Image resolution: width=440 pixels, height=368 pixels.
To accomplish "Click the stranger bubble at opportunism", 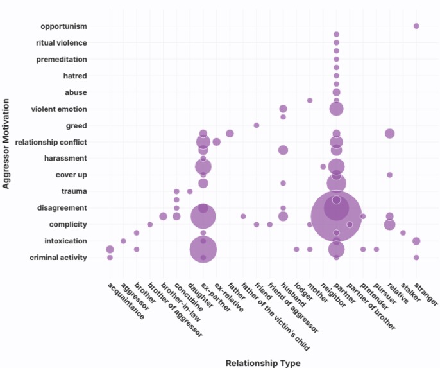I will pyautogui.click(x=416, y=26).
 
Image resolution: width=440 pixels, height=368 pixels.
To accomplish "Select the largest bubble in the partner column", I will pyautogui.click(x=336, y=216).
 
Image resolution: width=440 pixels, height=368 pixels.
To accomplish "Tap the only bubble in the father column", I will pyautogui.click(x=230, y=134).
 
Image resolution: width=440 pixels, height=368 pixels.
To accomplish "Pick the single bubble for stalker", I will pyautogui.click(x=403, y=232).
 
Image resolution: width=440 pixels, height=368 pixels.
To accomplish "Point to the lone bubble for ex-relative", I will pyautogui.click(x=216, y=142).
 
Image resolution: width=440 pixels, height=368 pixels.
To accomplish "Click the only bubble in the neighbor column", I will pyautogui.click(x=323, y=167).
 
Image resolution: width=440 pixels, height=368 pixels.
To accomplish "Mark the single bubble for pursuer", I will pyautogui.click(x=377, y=249).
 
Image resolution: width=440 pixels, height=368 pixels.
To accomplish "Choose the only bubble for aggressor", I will pyautogui.click(x=123, y=241).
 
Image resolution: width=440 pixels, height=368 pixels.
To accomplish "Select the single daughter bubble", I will pyautogui.click(x=190, y=191).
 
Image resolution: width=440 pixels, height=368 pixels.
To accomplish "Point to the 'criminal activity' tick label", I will pyautogui.click(x=58, y=258).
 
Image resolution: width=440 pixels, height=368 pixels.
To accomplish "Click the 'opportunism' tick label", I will pyautogui.click(x=63, y=26).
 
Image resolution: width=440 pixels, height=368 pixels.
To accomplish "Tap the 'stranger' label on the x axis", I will pyautogui.click(x=427, y=292).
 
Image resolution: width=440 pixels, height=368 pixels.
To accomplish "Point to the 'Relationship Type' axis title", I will pyautogui.click(x=263, y=363).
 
